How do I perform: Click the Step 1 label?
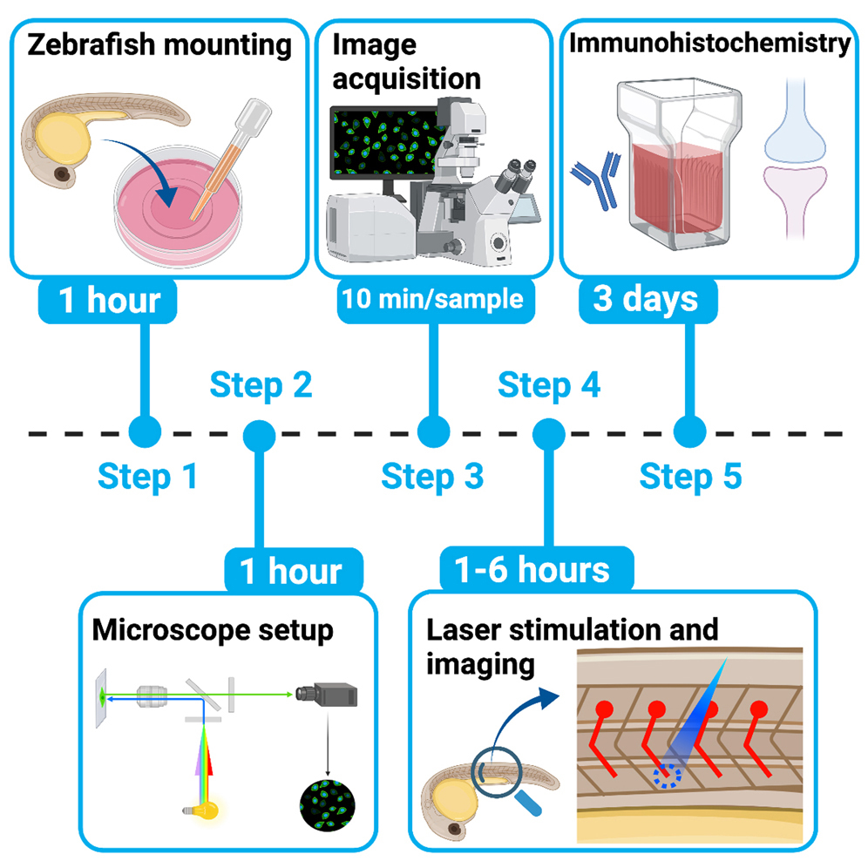146,477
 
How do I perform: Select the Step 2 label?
260,384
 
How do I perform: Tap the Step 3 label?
432,477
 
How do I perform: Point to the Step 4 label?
548,384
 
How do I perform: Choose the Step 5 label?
690,477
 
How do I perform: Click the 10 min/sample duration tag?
432,299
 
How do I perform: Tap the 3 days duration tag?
646,299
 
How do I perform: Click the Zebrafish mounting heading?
159,44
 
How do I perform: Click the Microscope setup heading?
213,629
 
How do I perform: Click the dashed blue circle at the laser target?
668,773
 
